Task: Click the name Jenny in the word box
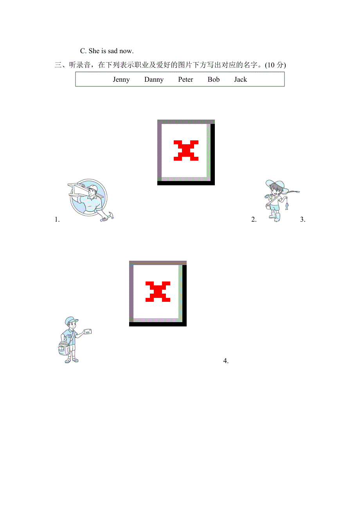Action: pyautogui.click(x=121, y=79)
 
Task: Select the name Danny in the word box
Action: pyautogui.click(x=154, y=79)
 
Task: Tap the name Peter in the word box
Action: pyautogui.click(x=185, y=79)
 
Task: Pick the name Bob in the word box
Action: pyautogui.click(x=213, y=79)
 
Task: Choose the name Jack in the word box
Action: pyautogui.click(x=240, y=79)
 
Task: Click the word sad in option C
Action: pyautogui.click(x=113, y=51)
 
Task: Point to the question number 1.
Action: pyautogui.click(x=57, y=219)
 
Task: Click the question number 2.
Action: pyautogui.click(x=254, y=219)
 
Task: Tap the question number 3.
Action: pyautogui.click(x=303, y=219)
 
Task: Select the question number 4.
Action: pyautogui.click(x=226, y=360)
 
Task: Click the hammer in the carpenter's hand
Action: pyautogui.click(x=107, y=217)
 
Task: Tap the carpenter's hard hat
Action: pyautogui.click(x=93, y=188)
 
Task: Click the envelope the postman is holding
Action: pyautogui.click(x=88, y=332)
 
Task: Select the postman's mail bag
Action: pyautogui.click(x=64, y=348)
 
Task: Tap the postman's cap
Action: pyautogui.click(x=71, y=321)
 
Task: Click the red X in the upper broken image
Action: pyautogui.click(x=186, y=151)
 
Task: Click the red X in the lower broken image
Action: pyautogui.click(x=158, y=292)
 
